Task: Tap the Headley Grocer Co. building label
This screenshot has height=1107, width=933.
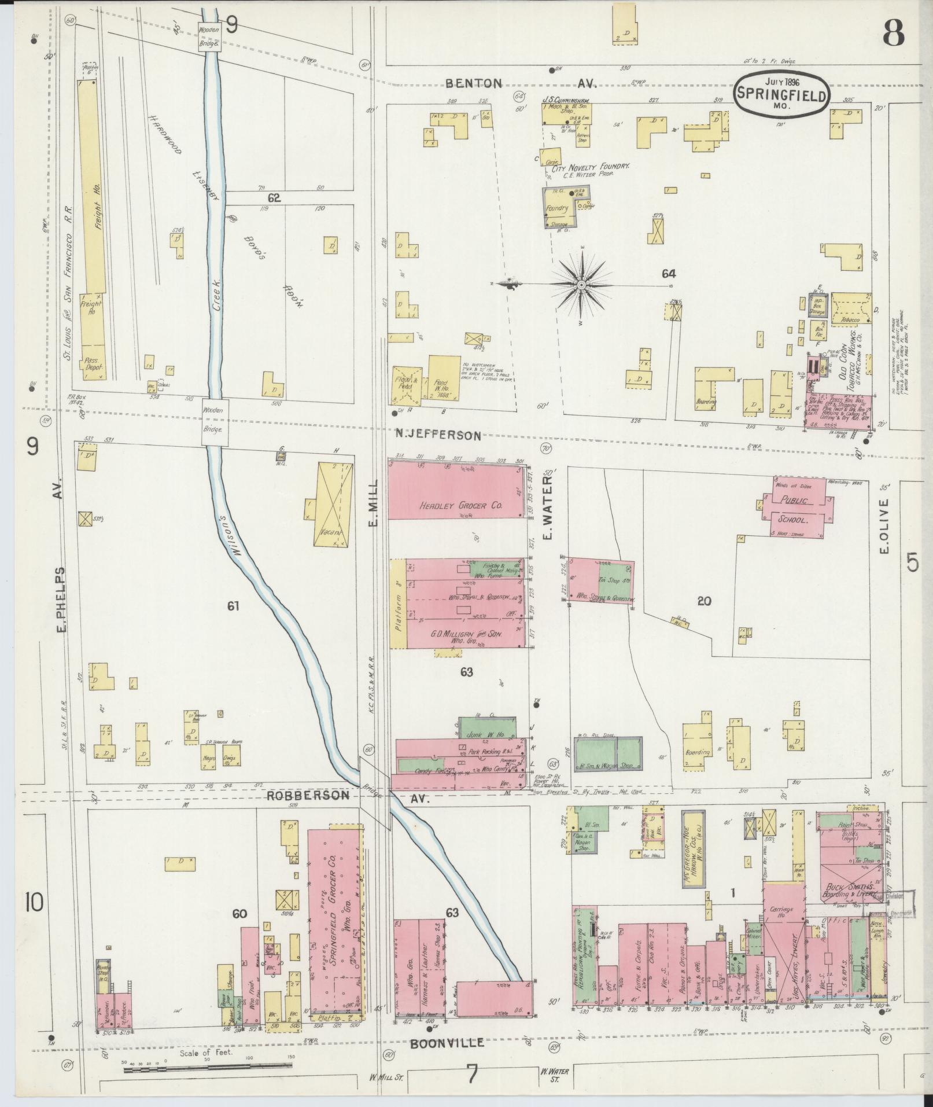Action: [x=459, y=505]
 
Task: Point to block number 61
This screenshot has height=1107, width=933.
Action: [x=233, y=606]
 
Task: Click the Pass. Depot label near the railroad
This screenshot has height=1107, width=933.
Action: [x=91, y=364]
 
